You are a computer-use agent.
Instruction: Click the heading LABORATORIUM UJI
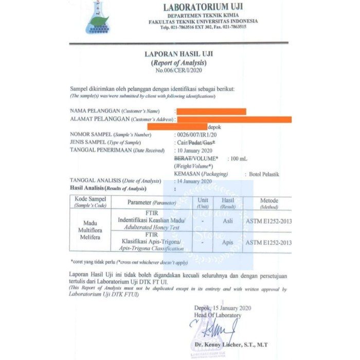pyautogui.click(x=203, y=7)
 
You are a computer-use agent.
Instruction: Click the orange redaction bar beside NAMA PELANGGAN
pyautogui.click(x=211, y=111)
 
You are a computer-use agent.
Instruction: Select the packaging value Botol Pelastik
pyautogui.click(x=264, y=174)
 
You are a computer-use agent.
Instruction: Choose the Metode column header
pyautogui.click(x=269, y=201)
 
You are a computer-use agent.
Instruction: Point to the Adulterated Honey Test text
pyautogui.click(x=152, y=227)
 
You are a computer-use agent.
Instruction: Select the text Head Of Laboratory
pyautogui.click(x=217, y=315)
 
